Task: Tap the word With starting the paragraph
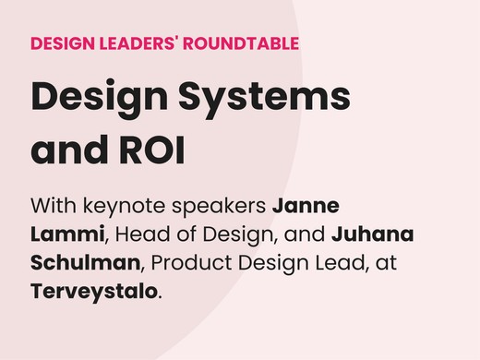55,204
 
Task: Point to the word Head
141,234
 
